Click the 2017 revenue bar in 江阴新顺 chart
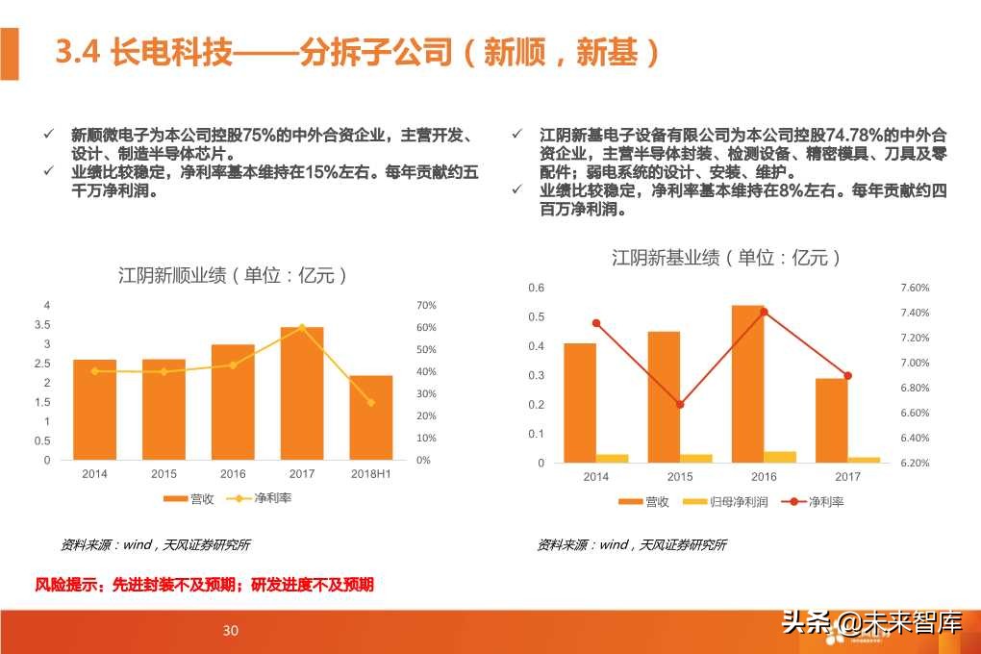tap(302, 394)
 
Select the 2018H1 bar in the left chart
tap(371, 417)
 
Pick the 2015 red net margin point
tap(680, 405)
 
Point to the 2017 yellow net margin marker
tap(302, 327)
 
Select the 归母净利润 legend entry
tap(722, 502)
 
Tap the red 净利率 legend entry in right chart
tap(815, 502)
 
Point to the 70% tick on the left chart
tap(426, 306)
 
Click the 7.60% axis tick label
tap(915, 288)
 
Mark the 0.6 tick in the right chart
tap(537, 288)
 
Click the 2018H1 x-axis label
tap(371, 474)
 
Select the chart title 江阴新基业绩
tap(727, 258)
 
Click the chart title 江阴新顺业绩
tap(232, 276)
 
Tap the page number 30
tap(231, 631)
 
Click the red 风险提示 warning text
tap(205, 585)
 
